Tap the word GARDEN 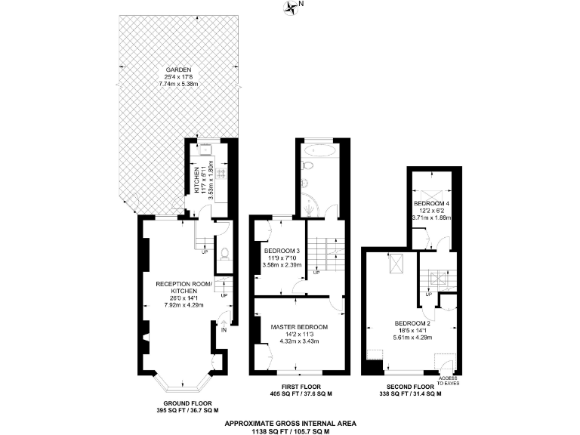[174, 69]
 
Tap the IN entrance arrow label [224, 329]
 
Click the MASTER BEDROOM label [300, 327]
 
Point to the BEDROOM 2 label [412, 323]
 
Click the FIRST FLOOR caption [301, 386]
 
